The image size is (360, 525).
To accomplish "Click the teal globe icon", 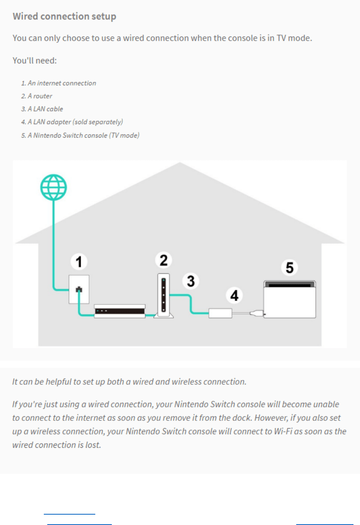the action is tap(53, 187).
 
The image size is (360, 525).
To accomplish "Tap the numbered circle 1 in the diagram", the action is tap(79, 262).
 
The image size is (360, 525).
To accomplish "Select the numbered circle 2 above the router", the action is tap(164, 260).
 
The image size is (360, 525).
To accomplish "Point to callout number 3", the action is tap(191, 281).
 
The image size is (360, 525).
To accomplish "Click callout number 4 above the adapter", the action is tap(234, 295).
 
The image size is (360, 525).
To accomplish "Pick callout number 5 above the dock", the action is tap(290, 267).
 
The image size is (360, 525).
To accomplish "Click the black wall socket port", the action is tap(79, 289).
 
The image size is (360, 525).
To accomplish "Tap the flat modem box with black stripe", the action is tap(120, 311).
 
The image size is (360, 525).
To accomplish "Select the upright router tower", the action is tap(164, 296).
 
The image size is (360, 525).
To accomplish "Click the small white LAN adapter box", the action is tap(220, 313).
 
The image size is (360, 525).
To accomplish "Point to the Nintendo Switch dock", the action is tap(290, 299).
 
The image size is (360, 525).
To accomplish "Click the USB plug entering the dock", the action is tap(257, 313).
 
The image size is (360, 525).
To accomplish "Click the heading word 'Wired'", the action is tap(25, 16).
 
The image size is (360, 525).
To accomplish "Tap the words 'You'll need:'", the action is tap(35, 60).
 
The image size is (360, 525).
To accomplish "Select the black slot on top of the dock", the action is tap(290, 285).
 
